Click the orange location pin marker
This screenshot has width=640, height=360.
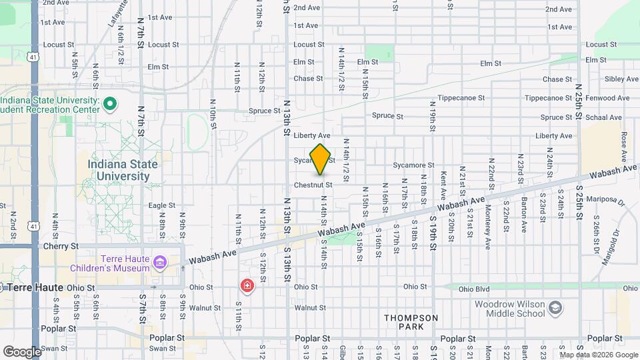point(321,159)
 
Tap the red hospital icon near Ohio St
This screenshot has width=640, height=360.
point(247,286)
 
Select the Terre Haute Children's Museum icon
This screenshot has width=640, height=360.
point(159,262)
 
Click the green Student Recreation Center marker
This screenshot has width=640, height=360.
point(111,104)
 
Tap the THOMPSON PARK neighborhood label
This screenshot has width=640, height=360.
point(411,323)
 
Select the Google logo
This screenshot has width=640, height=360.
point(22,351)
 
